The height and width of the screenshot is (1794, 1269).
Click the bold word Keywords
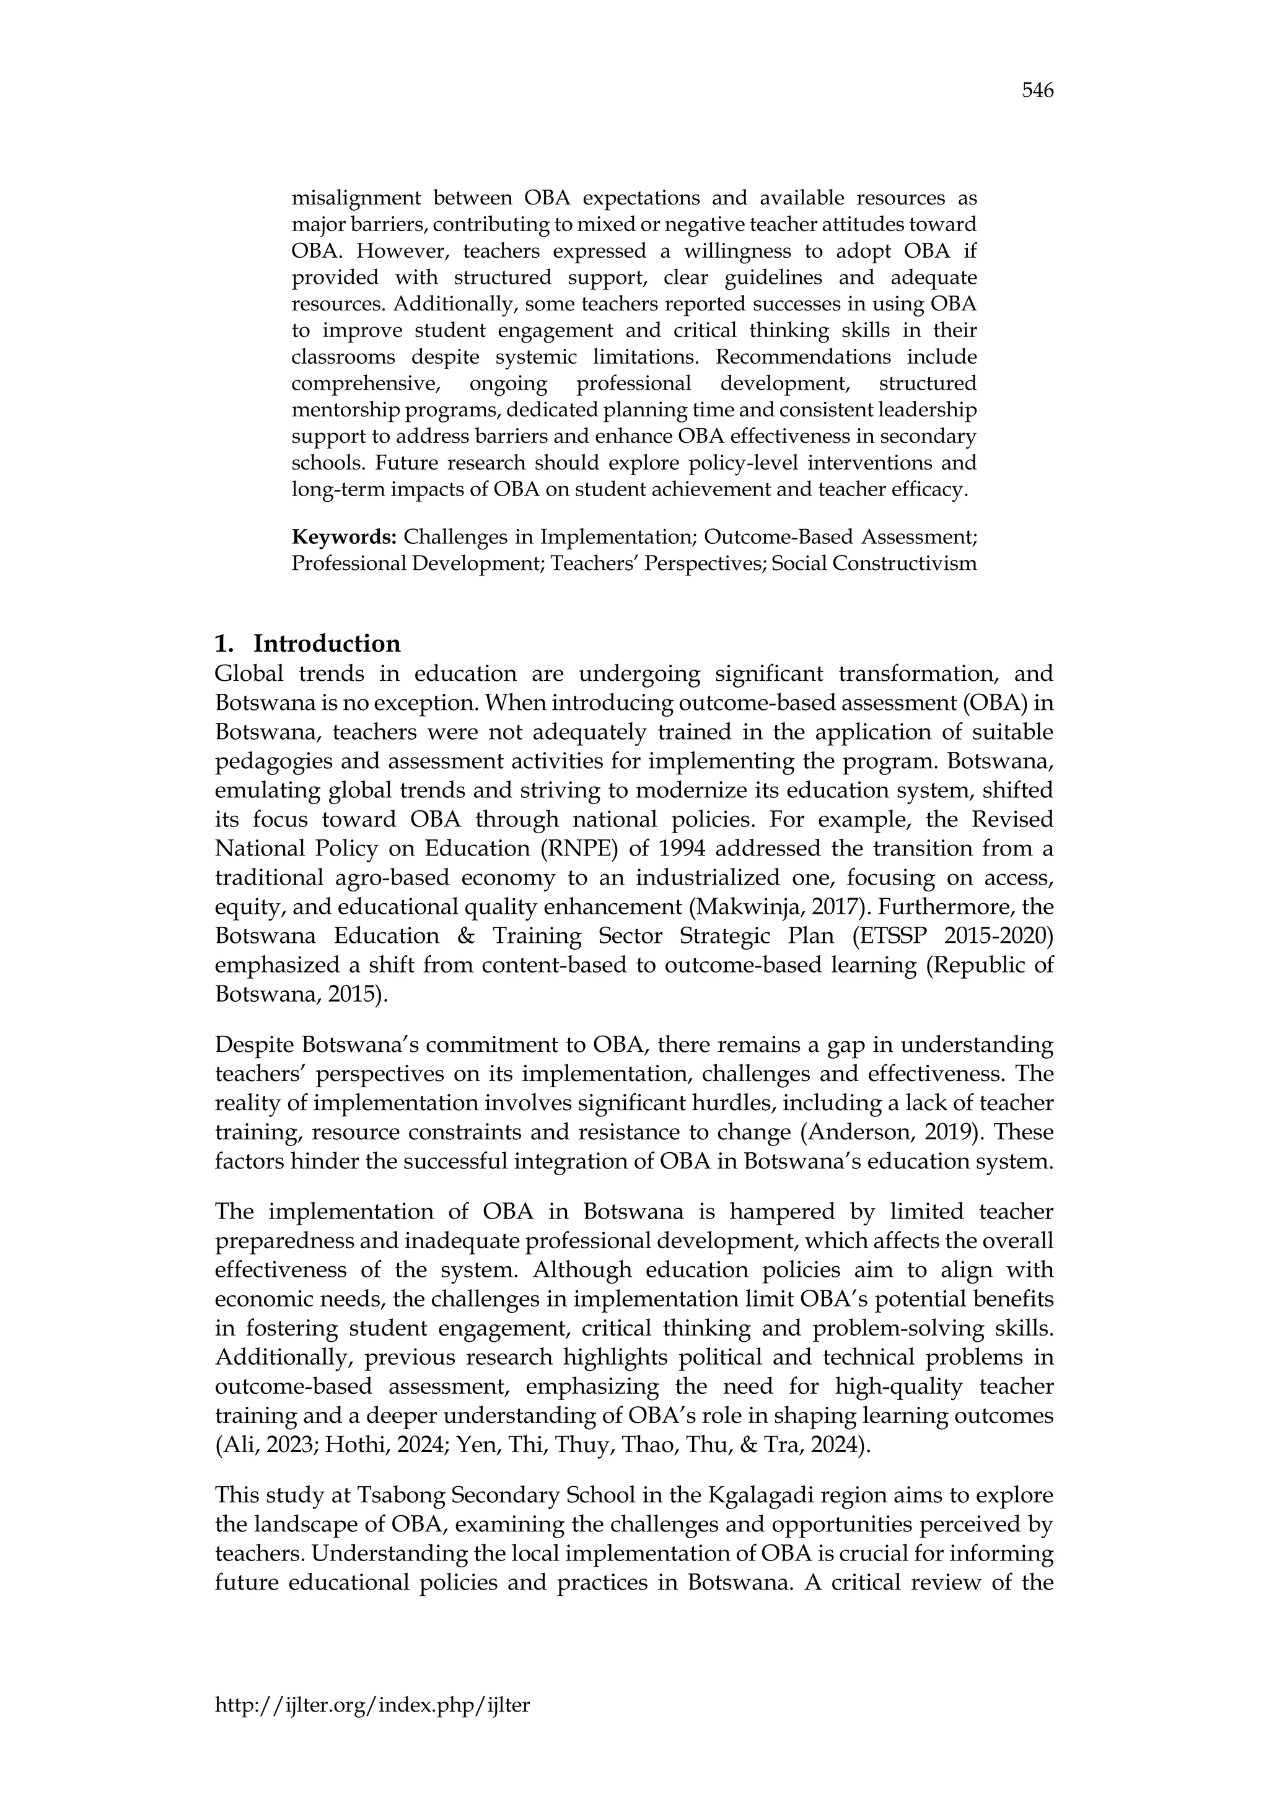pyautogui.click(x=344, y=537)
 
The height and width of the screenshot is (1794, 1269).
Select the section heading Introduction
pyautogui.click(x=327, y=644)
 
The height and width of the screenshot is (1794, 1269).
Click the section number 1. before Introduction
pyautogui.click(x=224, y=644)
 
